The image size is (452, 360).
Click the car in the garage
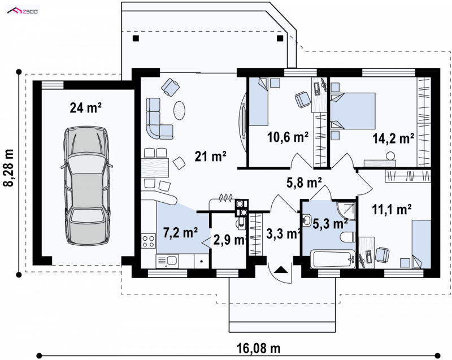[86, 186]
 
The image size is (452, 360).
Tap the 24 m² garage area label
[86, 108]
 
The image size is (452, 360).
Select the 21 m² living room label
[210, 157]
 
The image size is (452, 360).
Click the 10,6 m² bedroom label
[288, 137]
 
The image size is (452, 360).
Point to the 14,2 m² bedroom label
[393, 138]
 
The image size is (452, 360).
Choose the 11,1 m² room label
[392, 210]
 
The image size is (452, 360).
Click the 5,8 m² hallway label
[304, 183]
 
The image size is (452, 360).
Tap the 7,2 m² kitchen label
[181, 233]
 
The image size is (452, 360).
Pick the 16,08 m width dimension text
[259, 349]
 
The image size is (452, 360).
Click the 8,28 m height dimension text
[9, 168]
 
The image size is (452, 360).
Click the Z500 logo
[23, 11]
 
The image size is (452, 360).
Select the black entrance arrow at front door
[281, 270]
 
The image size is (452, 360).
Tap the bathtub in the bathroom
[333, 259]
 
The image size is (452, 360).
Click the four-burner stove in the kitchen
[149, 241]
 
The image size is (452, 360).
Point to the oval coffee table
[179, 110]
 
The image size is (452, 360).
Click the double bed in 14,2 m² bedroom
[353, 111]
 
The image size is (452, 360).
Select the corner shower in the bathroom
[346, 210]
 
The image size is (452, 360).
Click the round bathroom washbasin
[306, 220]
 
